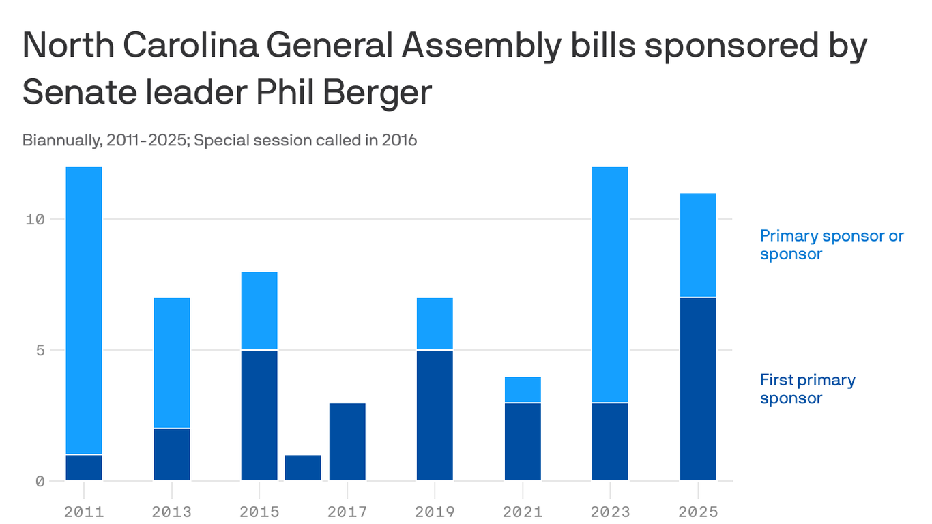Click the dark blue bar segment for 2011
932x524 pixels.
click(x=84, y=467)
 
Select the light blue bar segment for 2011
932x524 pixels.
click(x=84, y=310)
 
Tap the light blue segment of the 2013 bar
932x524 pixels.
click(x=172, y=363)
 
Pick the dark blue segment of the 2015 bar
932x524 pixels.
click(x=259, y=415)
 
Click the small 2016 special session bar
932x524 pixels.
click(x=303, y=467)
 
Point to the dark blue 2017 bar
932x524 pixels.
click(x=347, y=441)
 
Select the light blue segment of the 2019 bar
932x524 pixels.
click(x=435, y=324)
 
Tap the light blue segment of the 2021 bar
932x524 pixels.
click(x=523, y=390)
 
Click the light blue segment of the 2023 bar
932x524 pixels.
click(x=610, y=285)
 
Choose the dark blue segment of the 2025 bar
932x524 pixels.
click(x=698, y=389)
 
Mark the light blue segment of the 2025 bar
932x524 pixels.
click(x=698, y=246)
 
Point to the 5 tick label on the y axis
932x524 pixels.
click(x=39, y=350)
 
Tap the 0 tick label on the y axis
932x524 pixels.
click(x=39, y=481)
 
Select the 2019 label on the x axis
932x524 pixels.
click(x=435, y=511)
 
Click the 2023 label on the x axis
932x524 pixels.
click(x=610, y=511)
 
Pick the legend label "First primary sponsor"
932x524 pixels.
click(x=807, y=389)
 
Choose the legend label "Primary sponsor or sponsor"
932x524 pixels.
click(x=831, y=245)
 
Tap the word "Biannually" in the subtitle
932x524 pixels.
click(x=59, y=141)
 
